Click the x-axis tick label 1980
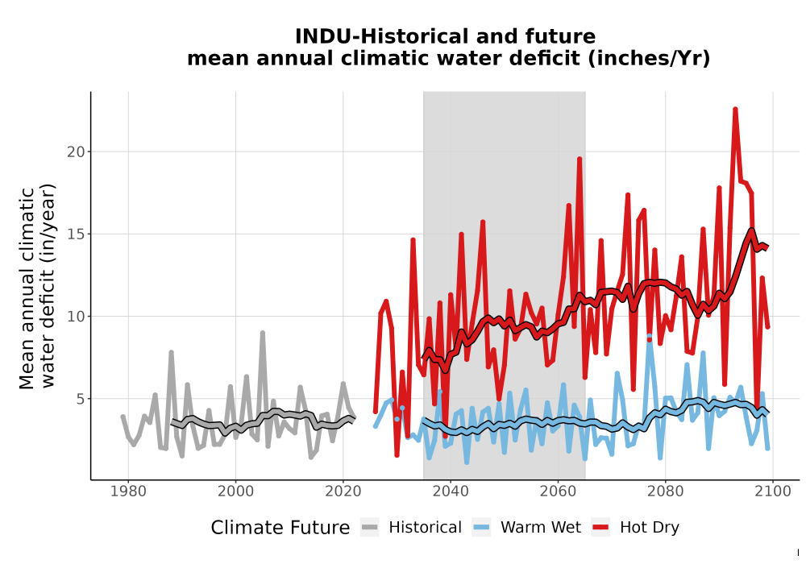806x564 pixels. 128,491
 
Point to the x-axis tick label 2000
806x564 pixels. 235,491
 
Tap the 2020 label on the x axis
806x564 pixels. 343,491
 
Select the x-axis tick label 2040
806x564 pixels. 451,491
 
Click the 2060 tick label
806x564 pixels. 558,491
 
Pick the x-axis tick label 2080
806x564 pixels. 665,491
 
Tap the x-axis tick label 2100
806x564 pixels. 773,491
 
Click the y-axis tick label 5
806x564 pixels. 81,399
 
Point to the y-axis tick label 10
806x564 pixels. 76,317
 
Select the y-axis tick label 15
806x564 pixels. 76,234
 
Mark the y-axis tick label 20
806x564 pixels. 76,152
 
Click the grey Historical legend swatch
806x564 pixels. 370,528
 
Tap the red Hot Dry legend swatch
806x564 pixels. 600,528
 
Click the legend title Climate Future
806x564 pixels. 280,528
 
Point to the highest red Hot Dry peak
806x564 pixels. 736,109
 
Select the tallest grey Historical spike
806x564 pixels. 262,333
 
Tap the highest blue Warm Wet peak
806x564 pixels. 649,337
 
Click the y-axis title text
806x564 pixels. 37,288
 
